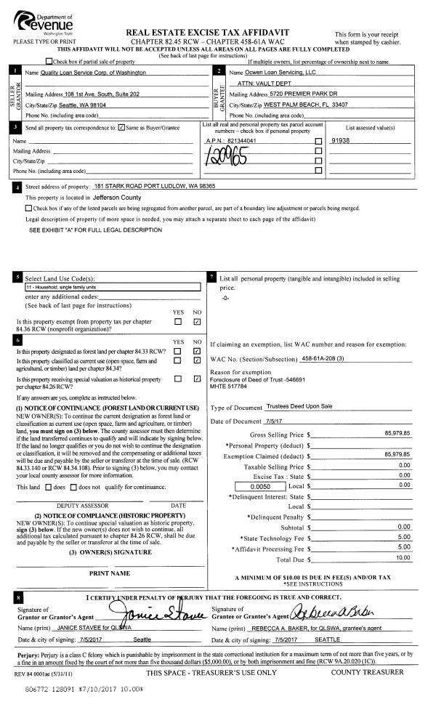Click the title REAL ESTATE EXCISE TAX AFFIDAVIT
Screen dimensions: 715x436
point(218,33)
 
